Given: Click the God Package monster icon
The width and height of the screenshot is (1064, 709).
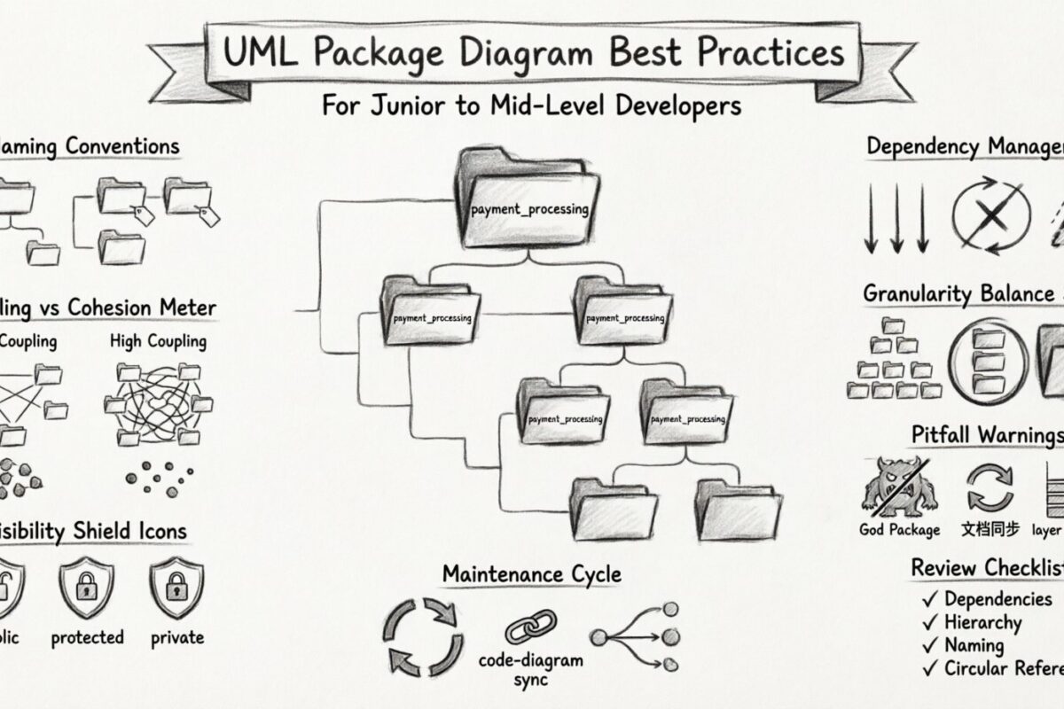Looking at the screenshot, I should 900,486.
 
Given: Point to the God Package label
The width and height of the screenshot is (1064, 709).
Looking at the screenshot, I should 899,530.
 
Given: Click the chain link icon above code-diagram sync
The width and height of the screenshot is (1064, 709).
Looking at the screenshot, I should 530,627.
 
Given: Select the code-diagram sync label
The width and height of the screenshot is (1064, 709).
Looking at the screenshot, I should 531,669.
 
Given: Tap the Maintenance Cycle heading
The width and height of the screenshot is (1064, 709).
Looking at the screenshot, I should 531,574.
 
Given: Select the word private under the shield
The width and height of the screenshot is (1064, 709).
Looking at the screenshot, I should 176,637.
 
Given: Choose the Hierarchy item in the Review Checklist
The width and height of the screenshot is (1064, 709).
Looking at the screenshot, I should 982,623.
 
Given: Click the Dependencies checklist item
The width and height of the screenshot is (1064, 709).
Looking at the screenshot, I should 997,600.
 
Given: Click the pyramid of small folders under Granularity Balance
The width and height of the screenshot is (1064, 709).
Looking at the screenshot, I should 894,359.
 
